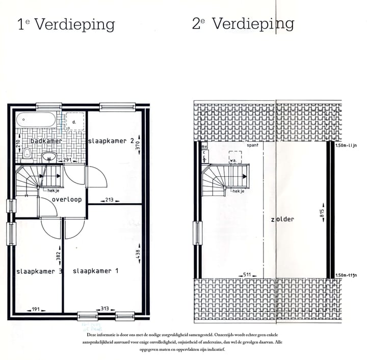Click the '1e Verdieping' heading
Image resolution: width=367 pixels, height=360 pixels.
(x=66, y=24)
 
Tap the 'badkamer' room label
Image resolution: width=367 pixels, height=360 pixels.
(x=46, y=141)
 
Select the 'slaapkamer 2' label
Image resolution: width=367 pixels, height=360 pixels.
(x=111, y=141)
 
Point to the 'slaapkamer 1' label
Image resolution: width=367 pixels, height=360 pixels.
(x=95, y=271)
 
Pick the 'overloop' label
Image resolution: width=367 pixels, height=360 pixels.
(x=67, y=200)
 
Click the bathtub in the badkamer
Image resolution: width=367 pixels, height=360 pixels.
(x=36, y=121)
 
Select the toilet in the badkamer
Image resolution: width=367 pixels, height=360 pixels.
(x=29, y=154)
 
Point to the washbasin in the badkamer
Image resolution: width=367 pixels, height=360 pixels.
(x=49, y=156)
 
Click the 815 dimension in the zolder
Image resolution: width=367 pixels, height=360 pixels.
(x=322, y=214)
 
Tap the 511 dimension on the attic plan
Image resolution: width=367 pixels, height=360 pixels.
(x=247, y=275)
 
